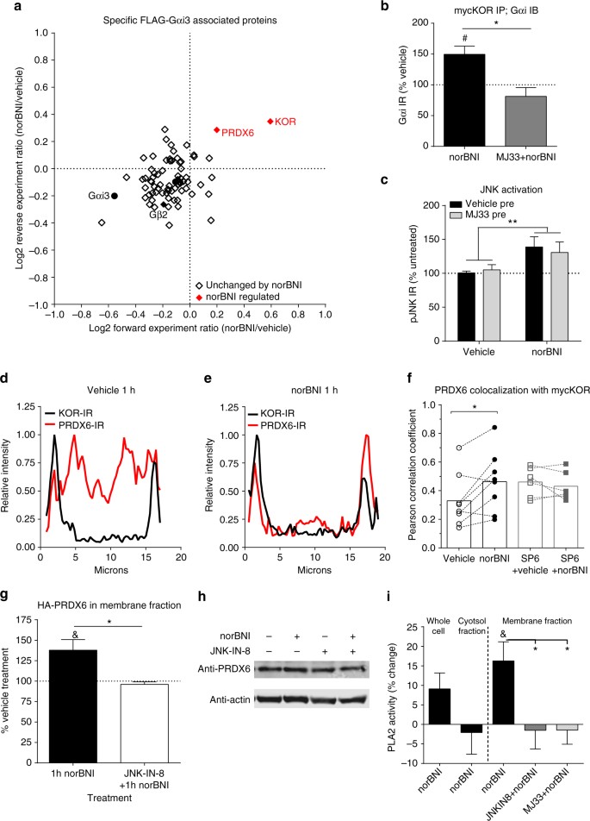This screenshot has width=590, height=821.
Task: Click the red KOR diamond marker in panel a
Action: [270, 122]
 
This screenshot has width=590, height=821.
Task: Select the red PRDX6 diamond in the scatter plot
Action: [217, 130]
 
